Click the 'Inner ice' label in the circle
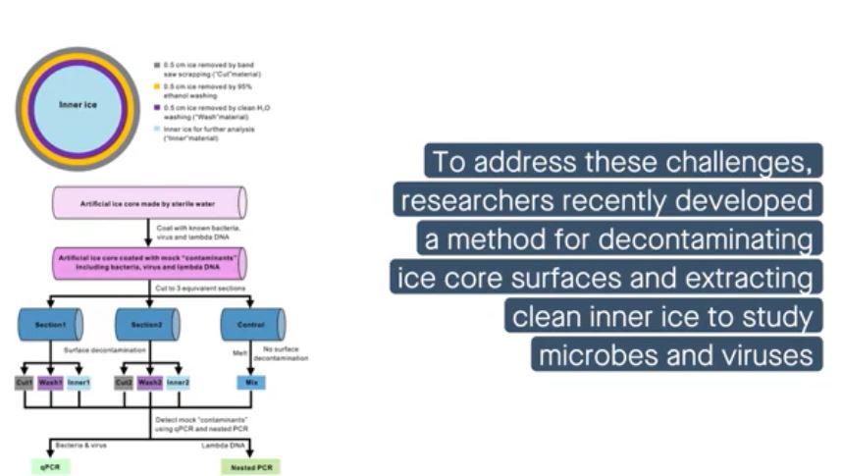coord(77,105)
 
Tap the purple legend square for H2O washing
coord(156,106)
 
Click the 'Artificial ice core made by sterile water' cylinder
coord(148,202)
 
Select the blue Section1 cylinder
coord(50,324)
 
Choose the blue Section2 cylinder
coord(147,324)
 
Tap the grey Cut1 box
coord(25,382)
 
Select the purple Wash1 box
coord(51,382)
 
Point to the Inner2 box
coord(178,382)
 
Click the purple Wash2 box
coord(150,382)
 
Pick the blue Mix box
coord(252,382)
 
